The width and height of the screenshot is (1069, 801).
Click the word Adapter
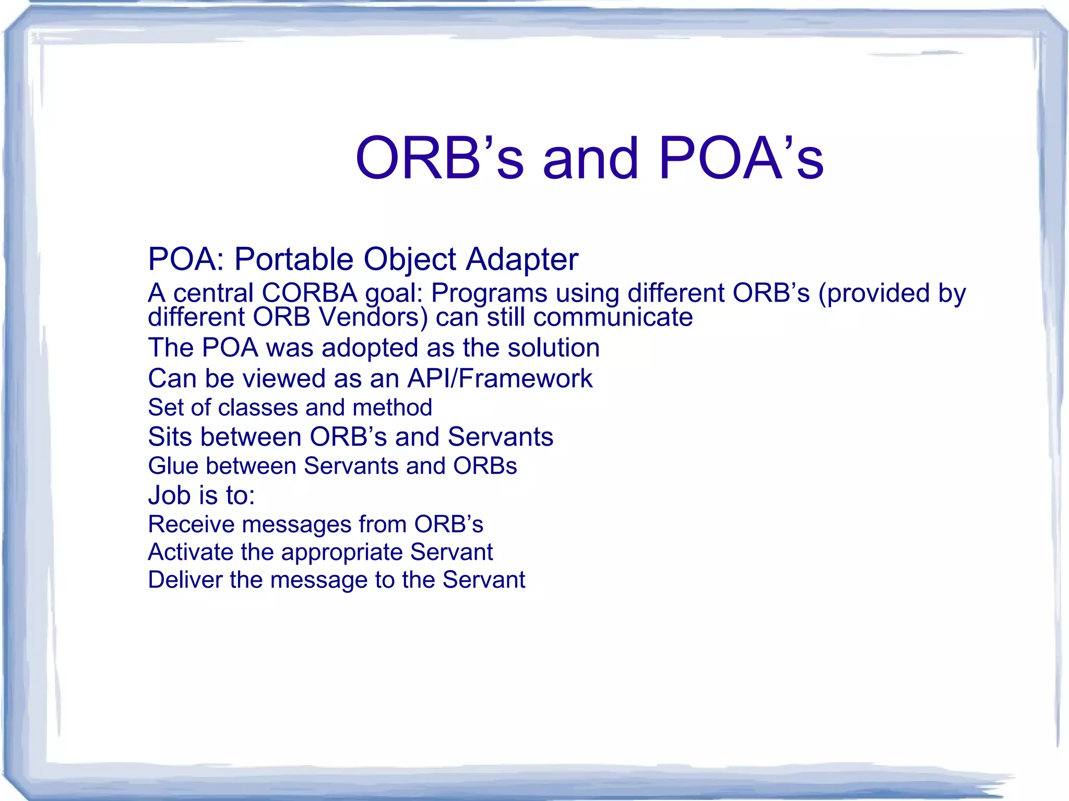pyautogui.click(x=522, y=259)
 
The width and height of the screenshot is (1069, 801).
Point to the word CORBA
pyautogui.click(x=310, y=293)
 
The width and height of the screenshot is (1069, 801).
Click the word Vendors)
pyautogui.click(x=373, y=317)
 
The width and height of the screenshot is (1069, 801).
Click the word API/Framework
pyautogui.click(x=500, y=378)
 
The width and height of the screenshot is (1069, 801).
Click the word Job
pyautogui.click(x=169, y=495)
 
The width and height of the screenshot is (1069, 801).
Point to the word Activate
pyautogui.click(x=190, y=552)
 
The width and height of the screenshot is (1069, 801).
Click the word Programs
pyautogui.click(x=489, y=294)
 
